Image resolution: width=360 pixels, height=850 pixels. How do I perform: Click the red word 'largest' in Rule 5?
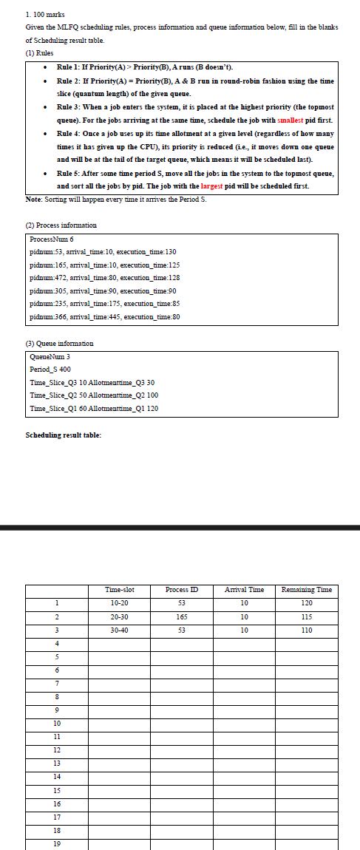pos(214,186)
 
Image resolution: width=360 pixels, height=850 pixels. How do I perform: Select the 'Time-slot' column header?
pos(120,589)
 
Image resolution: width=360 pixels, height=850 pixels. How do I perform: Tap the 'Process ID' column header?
pos(181,589)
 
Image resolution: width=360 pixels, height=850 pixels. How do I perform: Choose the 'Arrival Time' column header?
pos(244,589)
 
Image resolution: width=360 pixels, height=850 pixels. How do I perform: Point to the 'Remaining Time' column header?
pos(307,589)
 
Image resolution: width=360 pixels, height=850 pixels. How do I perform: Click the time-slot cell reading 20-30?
pos(120,616)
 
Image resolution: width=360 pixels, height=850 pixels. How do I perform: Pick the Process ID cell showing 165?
pos(181,616)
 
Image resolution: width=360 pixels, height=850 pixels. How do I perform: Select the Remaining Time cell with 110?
pos(307,630)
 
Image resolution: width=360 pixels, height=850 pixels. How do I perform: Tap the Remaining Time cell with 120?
pos(307,603)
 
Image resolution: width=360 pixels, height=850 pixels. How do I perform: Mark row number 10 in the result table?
pos(57,723)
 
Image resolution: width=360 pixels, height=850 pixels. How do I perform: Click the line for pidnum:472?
pos(105,277)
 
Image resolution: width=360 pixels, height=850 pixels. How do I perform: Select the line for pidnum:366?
pos(105,317)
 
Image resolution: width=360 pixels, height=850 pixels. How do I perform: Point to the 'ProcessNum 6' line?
pos(52,239)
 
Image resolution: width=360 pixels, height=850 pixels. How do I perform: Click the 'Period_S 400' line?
pos(50,369)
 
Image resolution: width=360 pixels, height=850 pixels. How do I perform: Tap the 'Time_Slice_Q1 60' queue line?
pos(93,408)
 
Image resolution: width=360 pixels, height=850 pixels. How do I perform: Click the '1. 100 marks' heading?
pos(46,14)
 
